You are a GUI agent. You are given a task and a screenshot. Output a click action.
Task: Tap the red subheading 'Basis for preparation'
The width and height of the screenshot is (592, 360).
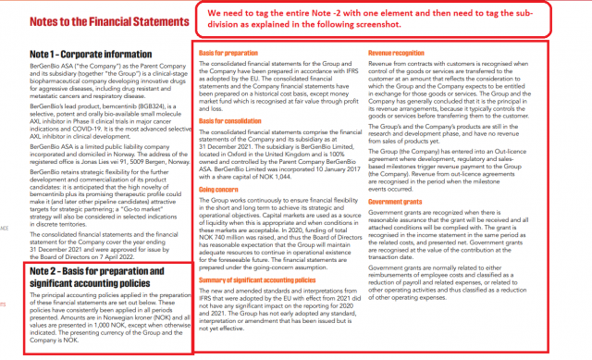point(228,55)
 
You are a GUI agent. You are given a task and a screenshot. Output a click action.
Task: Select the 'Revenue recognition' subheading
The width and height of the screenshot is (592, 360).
point(399,55)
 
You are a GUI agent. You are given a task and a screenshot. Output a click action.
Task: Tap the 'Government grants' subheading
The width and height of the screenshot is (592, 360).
point(398,225)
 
